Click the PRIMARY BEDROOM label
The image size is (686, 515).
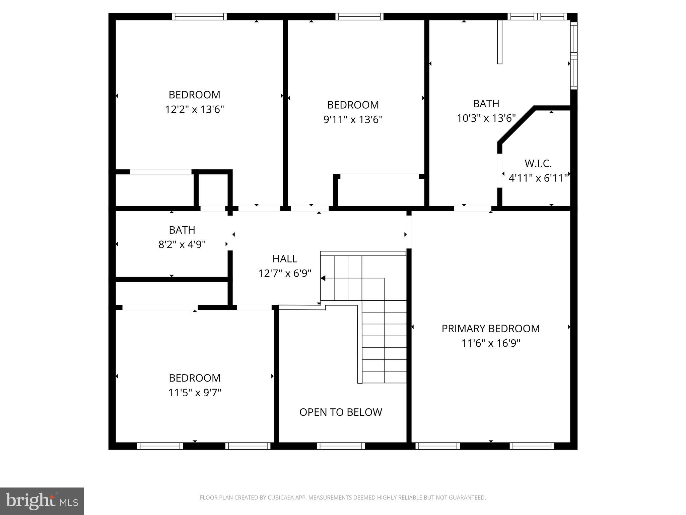click(x=490, y=329)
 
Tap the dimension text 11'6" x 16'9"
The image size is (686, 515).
click(x=490, y=343)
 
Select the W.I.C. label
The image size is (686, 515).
click(x=538, y=164)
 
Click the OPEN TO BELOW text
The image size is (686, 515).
click(x=340, y=412)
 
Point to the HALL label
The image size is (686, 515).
click(x=285, y=259)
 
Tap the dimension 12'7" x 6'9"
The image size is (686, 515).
click(x=285, y=274)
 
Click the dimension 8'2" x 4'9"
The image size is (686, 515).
click(x=182, y=245)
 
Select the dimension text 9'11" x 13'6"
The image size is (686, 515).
click(x=353, y=120)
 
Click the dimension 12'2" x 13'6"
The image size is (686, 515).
click(x=194, y=110)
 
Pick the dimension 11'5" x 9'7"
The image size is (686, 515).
click(x=195, y=393)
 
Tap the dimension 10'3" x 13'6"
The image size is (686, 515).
click(x=486, y=118)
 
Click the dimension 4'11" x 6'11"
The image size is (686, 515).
click(x=538, y=178)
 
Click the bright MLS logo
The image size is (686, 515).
click(x=42, y=501)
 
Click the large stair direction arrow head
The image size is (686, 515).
click(x=323, y=278)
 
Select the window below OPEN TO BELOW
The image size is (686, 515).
click(x=341, y=446)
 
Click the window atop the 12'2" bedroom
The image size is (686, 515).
click(x=199, y=16)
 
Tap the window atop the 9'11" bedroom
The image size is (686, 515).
click(x=359, y=16)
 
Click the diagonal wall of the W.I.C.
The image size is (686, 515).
click(x=516, y=125)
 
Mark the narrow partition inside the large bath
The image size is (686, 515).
click(x=499, y=42)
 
